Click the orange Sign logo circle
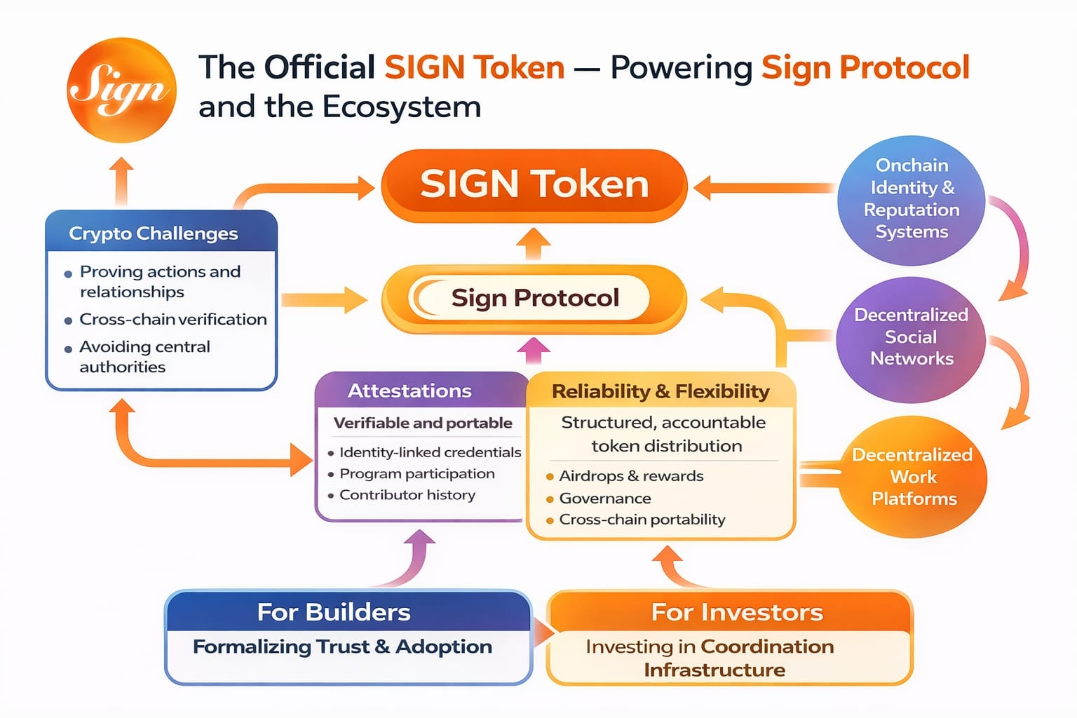tap(121, 90)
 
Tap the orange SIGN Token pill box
tap(534, 186)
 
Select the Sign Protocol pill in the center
tap(534, 299)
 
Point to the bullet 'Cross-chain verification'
tap(173, 319)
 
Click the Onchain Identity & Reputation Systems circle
tap(911, 200)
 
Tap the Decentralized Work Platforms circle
tap(913, 477)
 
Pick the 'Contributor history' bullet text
tap(407, 495)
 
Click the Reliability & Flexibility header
tap(661, 391)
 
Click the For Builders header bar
tap(348, 611)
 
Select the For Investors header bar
tap(729, 611)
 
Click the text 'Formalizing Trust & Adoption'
tap(342, 646)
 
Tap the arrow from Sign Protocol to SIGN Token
tap(533, 244)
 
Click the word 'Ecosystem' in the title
tap(402, 107)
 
